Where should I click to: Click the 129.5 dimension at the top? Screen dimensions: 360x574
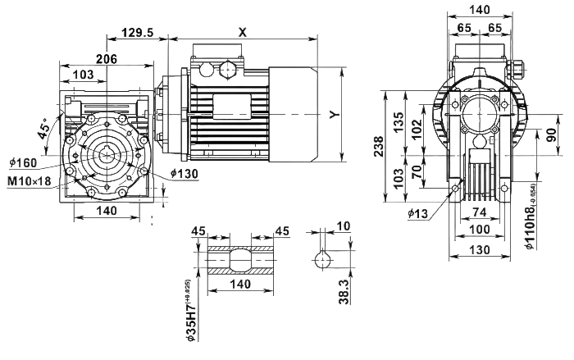(138, 31)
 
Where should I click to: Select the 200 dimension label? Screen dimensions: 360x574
(107, 58)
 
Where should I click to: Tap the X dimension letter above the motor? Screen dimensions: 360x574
(243, 31)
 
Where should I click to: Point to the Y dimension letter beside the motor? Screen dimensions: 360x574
(332, 114)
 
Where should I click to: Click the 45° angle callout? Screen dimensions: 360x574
(42, 127)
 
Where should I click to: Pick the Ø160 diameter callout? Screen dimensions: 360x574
(23, 162)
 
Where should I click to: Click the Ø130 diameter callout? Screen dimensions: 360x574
(185, 173)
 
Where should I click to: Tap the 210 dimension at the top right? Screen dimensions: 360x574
(480, 10)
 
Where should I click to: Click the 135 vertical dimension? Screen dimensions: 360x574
(398, 122)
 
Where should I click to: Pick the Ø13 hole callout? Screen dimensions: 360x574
(417, 214)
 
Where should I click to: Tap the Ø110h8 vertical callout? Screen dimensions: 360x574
(530, 226)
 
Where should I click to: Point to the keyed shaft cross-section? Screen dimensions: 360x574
(321, 261)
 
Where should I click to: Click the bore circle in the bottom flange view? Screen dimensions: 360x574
(239, 262)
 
